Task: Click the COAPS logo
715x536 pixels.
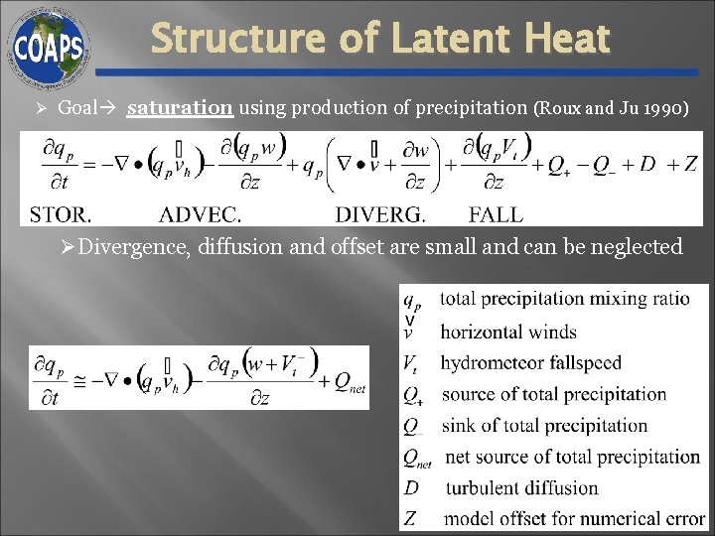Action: pos(49,46)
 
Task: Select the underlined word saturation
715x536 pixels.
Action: pos(180,107)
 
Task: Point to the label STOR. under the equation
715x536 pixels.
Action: pos(61,213)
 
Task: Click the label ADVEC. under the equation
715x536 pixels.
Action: pos(201,213)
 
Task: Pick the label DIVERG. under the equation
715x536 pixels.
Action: pos(380,213)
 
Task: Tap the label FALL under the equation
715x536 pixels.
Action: pos(497,213)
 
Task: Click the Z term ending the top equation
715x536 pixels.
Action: pos(690,165)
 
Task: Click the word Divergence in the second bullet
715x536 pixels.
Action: pos(133,247)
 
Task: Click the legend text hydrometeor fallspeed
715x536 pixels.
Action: pos(531,363)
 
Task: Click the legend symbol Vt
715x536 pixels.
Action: pos(413,363)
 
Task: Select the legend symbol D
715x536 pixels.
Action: pos(412,487)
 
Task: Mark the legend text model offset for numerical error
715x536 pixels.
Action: pos(574,518)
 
